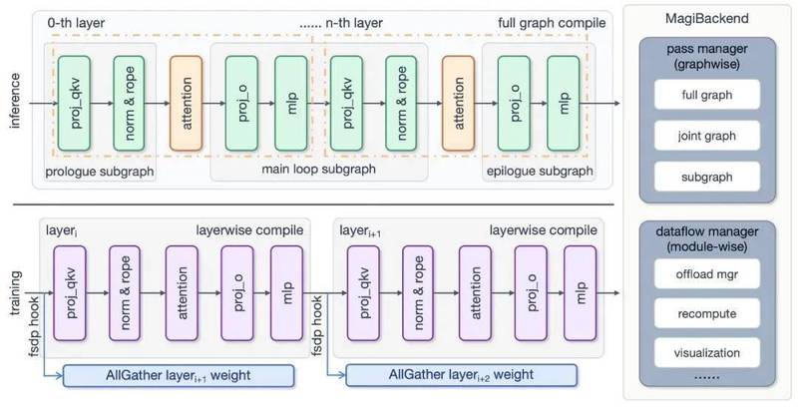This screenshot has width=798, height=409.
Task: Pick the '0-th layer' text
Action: [69, 23]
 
